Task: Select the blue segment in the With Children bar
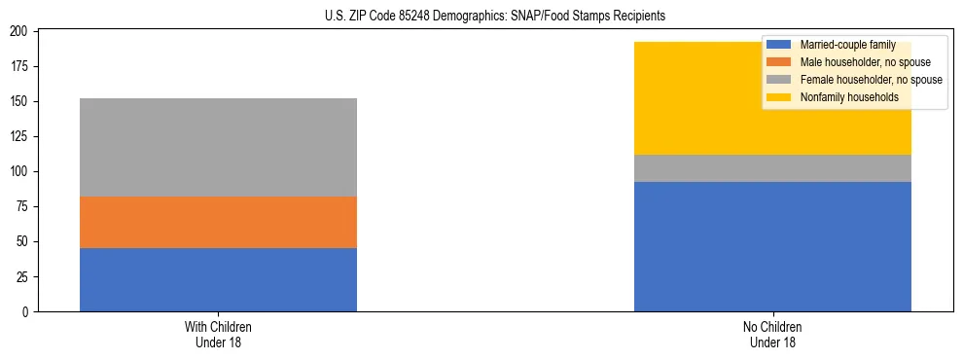[218, 279]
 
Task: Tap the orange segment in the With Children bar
[218, 222]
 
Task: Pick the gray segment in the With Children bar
[218, 147]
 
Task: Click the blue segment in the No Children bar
[772, 246]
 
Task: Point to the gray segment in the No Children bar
[772, 168]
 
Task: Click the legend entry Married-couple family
[848, 45]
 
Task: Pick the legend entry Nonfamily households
[848, 97]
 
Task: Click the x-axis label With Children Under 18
[218, 334]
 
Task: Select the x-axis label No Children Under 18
[772, 334]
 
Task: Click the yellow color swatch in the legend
[779, 97]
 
